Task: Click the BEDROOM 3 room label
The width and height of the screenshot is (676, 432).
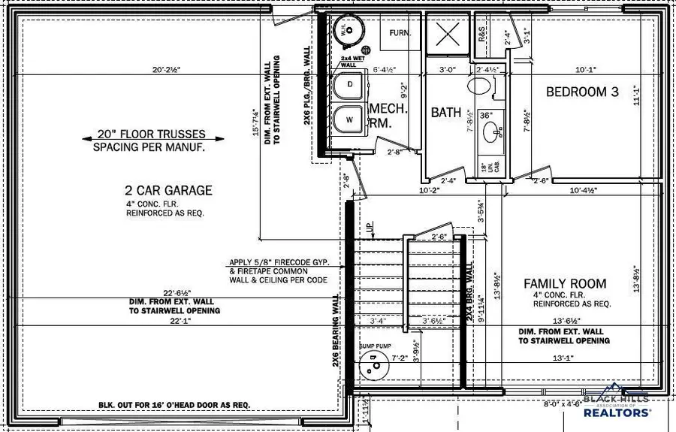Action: click(582, 92)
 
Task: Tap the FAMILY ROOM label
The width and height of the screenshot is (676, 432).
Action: click(565, 284)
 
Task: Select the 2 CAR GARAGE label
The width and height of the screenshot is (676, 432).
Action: click(169, 191)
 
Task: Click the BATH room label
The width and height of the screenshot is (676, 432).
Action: click(446, 112)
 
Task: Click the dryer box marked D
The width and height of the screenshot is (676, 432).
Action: click(348, 85)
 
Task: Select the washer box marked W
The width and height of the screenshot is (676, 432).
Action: click(348, 119)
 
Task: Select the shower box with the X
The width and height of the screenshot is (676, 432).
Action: click(448, 33)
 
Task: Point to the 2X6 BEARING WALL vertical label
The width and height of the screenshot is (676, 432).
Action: click(335, 330)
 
